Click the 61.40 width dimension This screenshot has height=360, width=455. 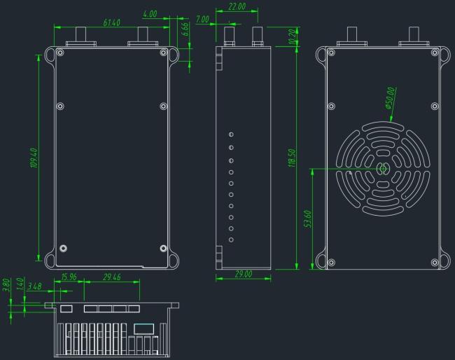[111, 23]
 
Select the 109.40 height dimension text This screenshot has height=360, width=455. [34, 158]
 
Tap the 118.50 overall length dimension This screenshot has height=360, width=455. [292, 158]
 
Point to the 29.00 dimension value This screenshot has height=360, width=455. [243, 274]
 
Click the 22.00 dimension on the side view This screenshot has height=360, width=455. [237, 7]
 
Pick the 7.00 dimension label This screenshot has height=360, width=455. [202, 20]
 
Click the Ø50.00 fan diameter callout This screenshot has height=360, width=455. [389, 99]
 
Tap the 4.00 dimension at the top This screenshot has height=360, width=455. [149, 14]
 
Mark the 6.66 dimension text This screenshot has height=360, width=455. [184, 29]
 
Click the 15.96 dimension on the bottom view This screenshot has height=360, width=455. [69, 277]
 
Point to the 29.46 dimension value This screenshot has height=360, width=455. [112, 277]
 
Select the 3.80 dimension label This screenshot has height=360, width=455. [6, 285]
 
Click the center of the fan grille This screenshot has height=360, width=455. [383, 168]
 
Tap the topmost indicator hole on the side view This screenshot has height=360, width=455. [231, 134]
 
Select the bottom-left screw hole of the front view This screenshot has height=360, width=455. [64, 248]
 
